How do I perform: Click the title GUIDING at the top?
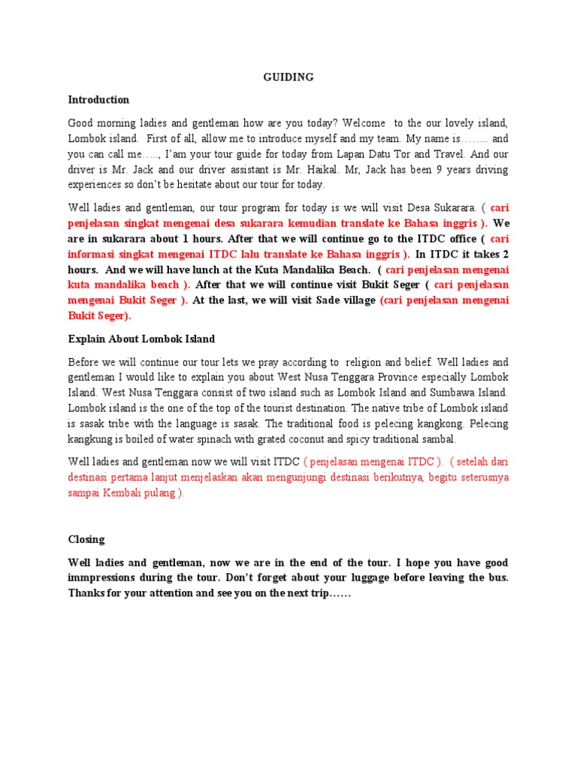pos(288,77)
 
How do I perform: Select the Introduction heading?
pos(98,99)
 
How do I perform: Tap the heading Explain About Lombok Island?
pos(141,339)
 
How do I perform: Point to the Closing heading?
pos(86,539)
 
